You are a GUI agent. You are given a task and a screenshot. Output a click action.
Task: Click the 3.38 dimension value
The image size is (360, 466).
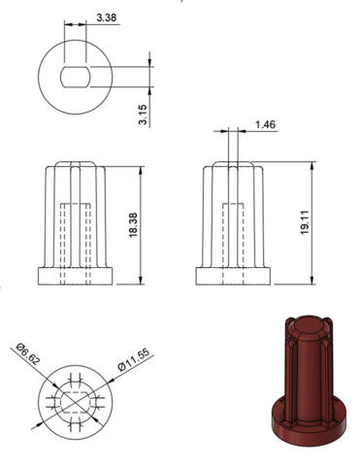point(106,17)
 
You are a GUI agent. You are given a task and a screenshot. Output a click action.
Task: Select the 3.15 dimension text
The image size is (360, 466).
point(143,115)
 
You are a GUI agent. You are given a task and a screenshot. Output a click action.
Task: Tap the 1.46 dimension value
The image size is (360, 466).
point(265,125)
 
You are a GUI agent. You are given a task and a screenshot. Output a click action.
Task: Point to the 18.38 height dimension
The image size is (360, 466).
point(133,225)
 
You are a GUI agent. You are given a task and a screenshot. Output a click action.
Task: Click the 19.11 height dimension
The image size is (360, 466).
point(305,222)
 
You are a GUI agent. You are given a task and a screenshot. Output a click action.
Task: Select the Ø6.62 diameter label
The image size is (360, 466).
point(28,353)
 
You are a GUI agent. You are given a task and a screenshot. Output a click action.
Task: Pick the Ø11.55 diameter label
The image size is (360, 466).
point(134,359)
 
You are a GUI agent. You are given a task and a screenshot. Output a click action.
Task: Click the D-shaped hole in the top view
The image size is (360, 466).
point(76,77)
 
